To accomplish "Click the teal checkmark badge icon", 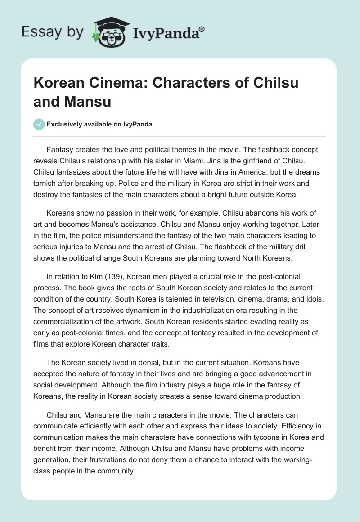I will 39,124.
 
